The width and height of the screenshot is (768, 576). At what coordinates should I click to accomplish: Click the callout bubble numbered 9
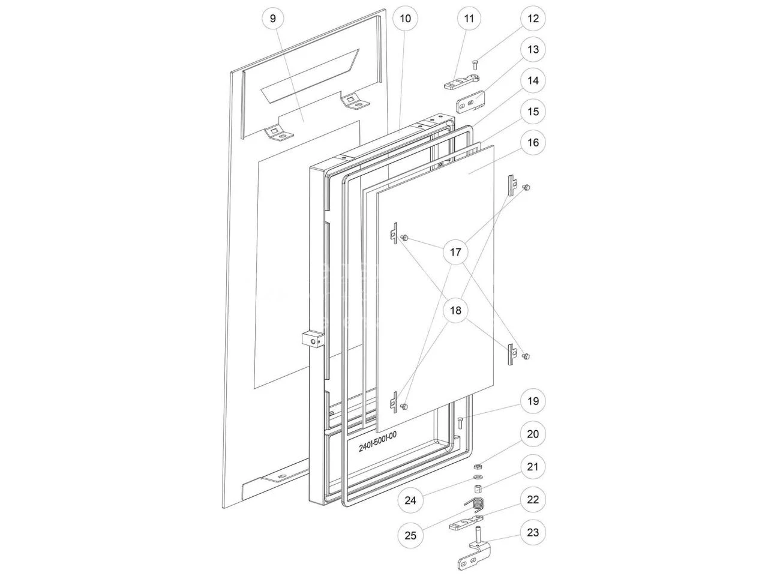(x=273, y=19)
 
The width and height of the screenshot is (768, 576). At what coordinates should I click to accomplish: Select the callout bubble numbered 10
(x=405, y=19)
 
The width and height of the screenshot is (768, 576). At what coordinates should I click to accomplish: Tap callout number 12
(x=533, y=19)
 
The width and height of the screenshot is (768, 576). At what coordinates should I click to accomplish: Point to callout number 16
(x=533, y=143)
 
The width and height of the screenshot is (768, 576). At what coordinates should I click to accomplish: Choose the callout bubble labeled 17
(x=455, y=252)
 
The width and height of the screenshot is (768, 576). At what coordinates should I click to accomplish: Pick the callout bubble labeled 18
(x=455, y=310)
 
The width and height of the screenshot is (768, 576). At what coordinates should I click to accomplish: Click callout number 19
(x=533, y=401)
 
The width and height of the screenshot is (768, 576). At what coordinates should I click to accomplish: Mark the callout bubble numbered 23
(x=533, y=533)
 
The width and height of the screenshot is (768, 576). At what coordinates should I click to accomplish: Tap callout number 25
(x=410, y=535)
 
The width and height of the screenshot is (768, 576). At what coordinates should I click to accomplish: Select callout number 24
(x=410, y=500)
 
